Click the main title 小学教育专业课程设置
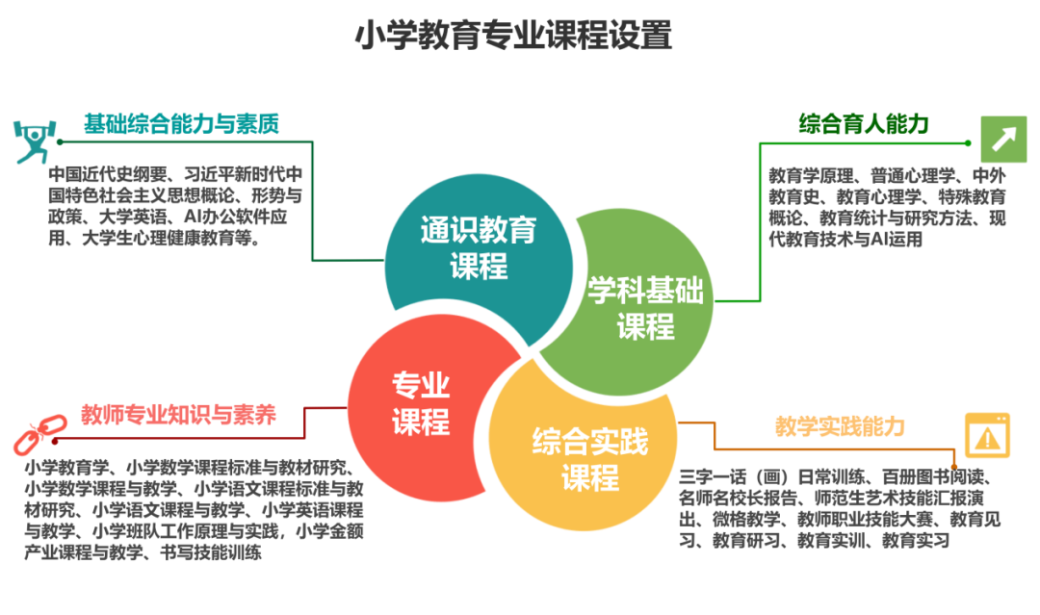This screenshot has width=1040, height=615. (513, 36)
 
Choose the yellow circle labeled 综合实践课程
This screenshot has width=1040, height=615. (589, 459)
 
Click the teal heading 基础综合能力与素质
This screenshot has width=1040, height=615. (180, 123)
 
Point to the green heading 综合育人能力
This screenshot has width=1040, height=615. (864, 123)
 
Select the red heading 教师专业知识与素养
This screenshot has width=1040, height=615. (179, 415)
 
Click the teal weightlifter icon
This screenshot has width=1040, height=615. (31, 141)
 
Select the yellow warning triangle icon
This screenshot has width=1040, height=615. (987, 435)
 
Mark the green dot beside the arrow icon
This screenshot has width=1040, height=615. (967, 142)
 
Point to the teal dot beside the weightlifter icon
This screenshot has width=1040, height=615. (60, 141)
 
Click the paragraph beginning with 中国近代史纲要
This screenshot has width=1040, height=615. (175, 207)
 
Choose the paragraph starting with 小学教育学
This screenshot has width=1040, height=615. (193, 510)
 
